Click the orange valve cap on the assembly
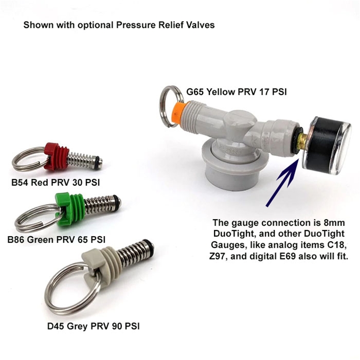(x=180, y=110)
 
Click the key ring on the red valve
(x=27, y=160)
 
